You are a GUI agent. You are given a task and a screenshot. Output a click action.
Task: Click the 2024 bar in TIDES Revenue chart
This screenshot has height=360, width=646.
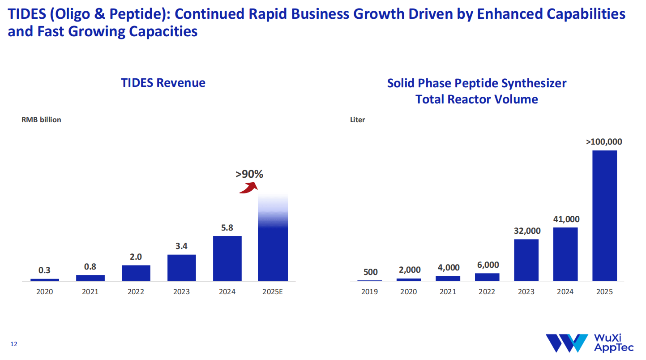coord(227,258)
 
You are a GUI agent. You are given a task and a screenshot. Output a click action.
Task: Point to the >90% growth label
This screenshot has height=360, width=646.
coord(249,174)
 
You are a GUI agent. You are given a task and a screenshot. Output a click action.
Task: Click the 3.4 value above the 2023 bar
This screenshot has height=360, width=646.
coord(181,246)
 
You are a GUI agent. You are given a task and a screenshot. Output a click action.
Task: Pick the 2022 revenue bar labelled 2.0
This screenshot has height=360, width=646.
coord(136,273)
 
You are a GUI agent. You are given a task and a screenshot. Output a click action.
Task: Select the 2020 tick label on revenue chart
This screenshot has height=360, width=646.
coord(44,292)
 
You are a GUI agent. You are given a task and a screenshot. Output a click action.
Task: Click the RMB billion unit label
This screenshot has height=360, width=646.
coord(41,120)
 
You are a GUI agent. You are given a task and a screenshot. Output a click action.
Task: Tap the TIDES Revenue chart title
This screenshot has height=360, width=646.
coord(163,83)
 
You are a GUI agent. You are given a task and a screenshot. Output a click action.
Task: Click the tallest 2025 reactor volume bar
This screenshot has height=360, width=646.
coord(604,215)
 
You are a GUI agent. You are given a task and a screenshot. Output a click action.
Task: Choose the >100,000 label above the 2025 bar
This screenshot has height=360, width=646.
coord(604,142)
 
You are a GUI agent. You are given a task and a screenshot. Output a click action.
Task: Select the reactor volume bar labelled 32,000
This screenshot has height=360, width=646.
coord(526,260)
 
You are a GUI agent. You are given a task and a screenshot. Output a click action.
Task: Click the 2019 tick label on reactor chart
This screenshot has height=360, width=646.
coord(369,292)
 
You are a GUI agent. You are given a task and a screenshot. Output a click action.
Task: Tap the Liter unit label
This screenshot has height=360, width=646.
coord(358,120)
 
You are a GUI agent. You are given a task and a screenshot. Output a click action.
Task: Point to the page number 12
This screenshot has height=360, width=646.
coord(14,344)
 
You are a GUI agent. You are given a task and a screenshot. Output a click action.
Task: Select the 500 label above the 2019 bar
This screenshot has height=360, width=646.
coord(371,272)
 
